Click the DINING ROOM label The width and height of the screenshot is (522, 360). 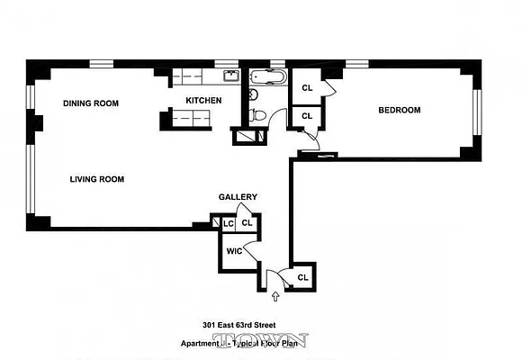pyautogui.click(x=91, y=103)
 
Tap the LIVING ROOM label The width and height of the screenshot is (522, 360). pyautogui.click(x=96, y=179)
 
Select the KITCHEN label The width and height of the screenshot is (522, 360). pyautogui.click(x=203, y=100)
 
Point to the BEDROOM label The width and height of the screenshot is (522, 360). pyautogui.click(x=399, y=111)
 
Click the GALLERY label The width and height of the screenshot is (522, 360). pyautogui.click(x=238, y=197)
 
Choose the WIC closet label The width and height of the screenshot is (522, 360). pyautogui.click(x=233, y=251)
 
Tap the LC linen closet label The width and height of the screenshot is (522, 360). pyautogui.click(x=228, y=223)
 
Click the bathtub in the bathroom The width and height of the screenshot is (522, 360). pyautogui.click(x=267, y=77)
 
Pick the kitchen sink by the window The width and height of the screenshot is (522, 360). pyautogui.click(x=230, y=76)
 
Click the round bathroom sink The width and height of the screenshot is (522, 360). pyautogui.click(x=253, y=94)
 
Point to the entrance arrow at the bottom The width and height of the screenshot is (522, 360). pyautogui.click(x=275, y=294)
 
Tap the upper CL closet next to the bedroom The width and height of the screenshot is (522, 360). pyautogui.click(x=307, y=88)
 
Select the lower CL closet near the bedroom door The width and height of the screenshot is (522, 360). pyautogui.click(x=307, y=116)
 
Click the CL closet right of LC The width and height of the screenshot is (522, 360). pyautogui.click(x=247, y=223)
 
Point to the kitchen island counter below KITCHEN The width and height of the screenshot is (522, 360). pyautogui.click(x=192, y=116)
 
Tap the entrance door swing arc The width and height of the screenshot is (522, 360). pyautogui.click(x=283, y=274)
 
